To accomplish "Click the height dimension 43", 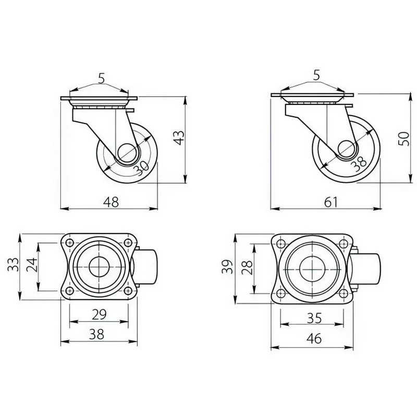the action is (x=180, y=138).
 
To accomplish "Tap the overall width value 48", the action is (x=111, y=202).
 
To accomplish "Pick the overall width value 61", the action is (x=331, y=202).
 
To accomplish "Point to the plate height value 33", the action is (x=14, y=264).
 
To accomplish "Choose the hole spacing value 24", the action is (x=32, y=264).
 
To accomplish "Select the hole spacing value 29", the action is (x=99, y=314).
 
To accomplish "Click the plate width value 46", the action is (x=314, y=339).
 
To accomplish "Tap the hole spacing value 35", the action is (x=314, y=318).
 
